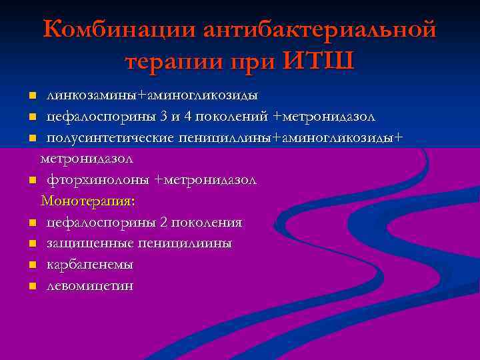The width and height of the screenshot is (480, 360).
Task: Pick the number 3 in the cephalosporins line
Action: pyautogui.click(x=164, y=117)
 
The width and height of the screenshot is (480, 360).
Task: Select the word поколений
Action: pyautogui.click(x=232, y=117)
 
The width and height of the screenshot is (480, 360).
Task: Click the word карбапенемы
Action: pyautogui.click(x=90, y=265)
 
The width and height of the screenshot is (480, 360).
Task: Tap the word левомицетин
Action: pyautogui.click(x=90, y=286)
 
